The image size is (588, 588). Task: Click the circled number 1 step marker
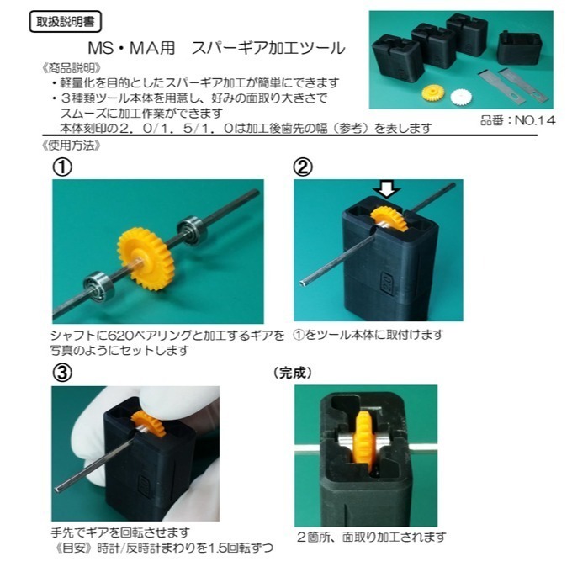pyautogui.click(x=62, y=167)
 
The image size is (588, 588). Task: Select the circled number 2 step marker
pyautogui.click(x=303, y=167)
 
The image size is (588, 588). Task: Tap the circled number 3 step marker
pyautogui.click(x=62, y=371)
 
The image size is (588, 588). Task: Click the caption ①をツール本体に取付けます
pyautogui.click(x=368, y=334)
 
